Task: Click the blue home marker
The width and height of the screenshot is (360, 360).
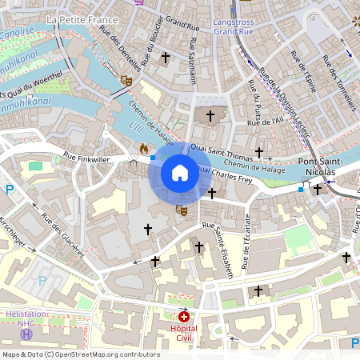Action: tap(180, 173)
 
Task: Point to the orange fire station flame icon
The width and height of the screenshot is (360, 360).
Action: tap(144, 149)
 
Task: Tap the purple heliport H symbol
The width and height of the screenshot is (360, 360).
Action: tap(27, 334)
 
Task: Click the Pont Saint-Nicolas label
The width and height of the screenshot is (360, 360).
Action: tap(321, 166)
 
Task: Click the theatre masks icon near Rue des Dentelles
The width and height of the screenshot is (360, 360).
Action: tap(126, 80)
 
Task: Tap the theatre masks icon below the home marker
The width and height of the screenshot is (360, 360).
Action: tap(182, 210)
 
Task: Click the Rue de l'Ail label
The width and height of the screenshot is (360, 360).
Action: tap(266, 122)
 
